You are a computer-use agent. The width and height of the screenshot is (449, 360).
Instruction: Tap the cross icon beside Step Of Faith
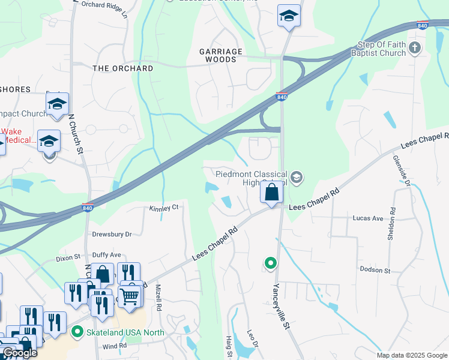(x=415, y=47)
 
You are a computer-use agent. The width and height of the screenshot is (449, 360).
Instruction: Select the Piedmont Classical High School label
(x=249, y=178)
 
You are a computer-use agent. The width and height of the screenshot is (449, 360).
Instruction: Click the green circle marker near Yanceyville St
(x=271, y=263)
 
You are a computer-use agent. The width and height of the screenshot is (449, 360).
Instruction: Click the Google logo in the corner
(x=19, y=352)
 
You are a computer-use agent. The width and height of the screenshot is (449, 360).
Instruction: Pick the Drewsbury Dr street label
(x=112, y=234)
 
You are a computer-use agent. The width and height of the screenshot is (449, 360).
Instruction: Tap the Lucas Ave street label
(x=368, y=218)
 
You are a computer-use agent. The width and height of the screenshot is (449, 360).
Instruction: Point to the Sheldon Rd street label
(x=392, y=224)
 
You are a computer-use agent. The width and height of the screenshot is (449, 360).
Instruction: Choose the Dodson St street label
(x=375, y=270)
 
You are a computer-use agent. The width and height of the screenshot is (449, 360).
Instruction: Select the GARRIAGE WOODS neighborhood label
(x=221, y=56)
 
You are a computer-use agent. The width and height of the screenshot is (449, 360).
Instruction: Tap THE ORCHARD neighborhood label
(x=123, y=68)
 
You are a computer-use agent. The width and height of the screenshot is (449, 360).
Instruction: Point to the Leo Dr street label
(x=252, y=341)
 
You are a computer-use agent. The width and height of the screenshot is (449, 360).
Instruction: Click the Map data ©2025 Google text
(x=412, y=355)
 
